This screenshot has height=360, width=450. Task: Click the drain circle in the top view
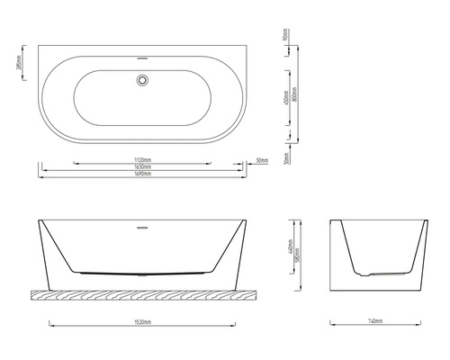click(141, 80)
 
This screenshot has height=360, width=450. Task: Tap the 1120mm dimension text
click(141, 159)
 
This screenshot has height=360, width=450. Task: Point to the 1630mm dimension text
click(141, 166)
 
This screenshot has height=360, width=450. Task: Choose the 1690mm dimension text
click(141, 174)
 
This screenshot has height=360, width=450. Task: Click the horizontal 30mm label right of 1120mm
click(261, 160)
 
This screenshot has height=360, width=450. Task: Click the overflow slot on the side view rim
click(141, 226)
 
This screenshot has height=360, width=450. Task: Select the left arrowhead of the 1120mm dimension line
click(75, 164)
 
